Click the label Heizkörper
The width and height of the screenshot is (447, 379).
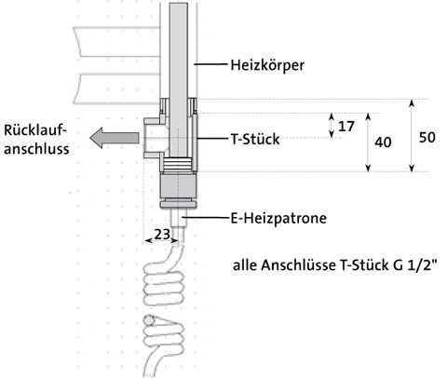tap(267, 65)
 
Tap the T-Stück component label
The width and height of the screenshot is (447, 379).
tap(255, 139)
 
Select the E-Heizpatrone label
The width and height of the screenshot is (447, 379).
tap(278, 218)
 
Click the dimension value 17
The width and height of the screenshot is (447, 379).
tap(346, 127)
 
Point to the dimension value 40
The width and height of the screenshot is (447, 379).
tap(383, 142)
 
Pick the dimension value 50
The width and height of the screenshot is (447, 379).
tap(427, 137)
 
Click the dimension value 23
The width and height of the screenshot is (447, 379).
tap(162, 235)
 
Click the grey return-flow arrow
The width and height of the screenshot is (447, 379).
tap(115, 138)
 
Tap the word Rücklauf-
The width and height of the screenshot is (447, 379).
tap(35, 129)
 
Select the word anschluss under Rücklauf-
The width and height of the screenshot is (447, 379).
tap(36, 149)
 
